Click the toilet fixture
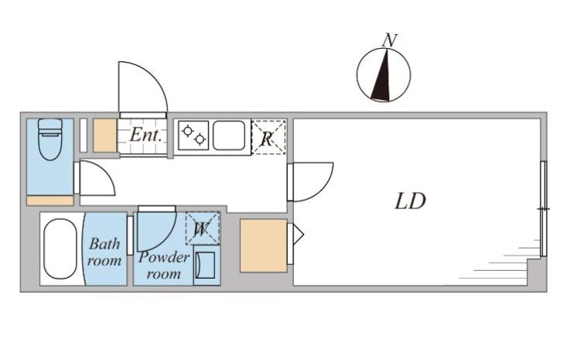50,139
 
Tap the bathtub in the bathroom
60,249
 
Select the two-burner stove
193,135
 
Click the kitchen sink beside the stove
229,135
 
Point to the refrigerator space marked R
268,137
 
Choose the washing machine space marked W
203,228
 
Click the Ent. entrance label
145,135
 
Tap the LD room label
410,201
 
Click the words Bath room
104,252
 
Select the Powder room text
164,265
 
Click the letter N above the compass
390,40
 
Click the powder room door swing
164,238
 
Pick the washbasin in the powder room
207,265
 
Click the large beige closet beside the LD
263,245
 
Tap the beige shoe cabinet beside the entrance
104,135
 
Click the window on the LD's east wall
544,209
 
